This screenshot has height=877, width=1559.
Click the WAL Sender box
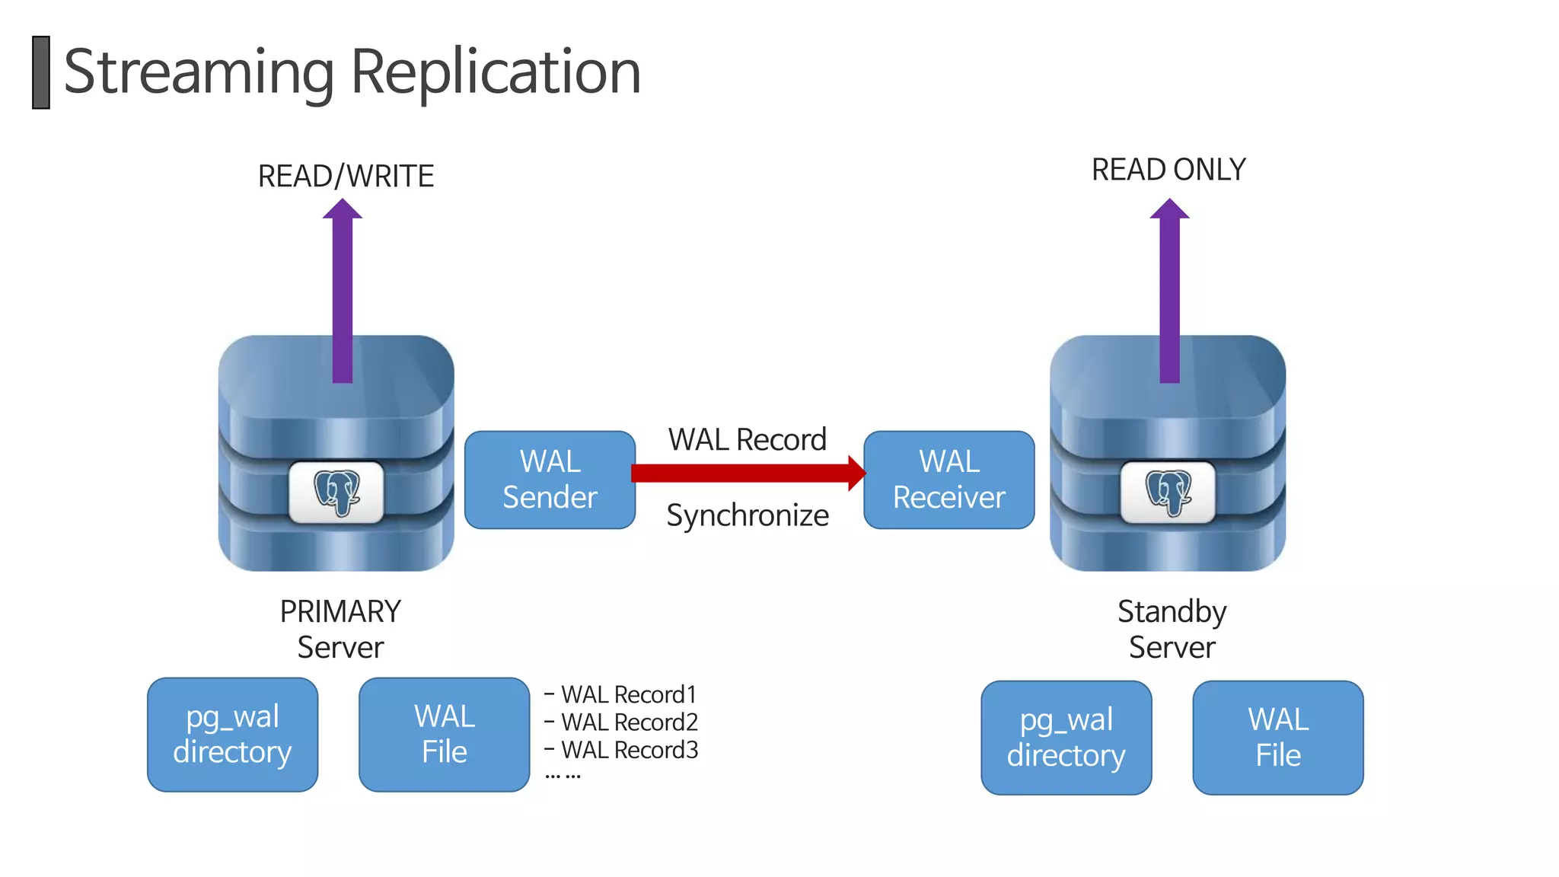(x=550, y=480)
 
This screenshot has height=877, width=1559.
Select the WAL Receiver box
(x=948, y=480)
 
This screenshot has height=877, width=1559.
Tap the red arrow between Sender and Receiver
(x=746, y=473)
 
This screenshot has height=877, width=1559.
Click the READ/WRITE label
(x=346, y=176)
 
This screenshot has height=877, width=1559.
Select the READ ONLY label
(x=1168, y=169)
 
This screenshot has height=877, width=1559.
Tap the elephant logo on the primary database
(x=336, y=493)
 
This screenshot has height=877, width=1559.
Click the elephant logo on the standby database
(x=1168, y=493)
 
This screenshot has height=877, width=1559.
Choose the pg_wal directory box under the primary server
(x=232, y=735)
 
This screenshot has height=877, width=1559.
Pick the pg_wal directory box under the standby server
(x=1066, y=738)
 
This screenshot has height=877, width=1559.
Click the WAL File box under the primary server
(x=444, y=735)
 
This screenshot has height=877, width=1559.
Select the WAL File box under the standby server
(x=1277, y=738)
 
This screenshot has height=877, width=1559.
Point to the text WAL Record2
(x=629, y=722)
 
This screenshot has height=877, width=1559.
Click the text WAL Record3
(x=629, y=750)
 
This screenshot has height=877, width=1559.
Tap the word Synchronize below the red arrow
(x=748, y=515)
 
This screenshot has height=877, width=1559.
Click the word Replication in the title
(x=496, y=72)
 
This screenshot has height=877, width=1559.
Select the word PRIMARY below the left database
(x=340, y=611)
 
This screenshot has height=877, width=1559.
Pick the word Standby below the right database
(x=1172, y=611)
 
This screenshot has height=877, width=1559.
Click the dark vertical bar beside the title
(x=41, y=72)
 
